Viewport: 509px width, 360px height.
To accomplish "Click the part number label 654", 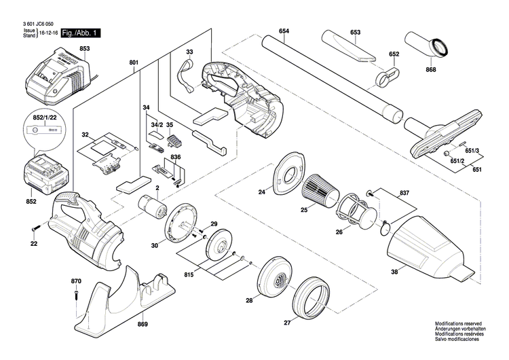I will (284, 32).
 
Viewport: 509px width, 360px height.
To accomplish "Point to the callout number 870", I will (76, 281).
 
